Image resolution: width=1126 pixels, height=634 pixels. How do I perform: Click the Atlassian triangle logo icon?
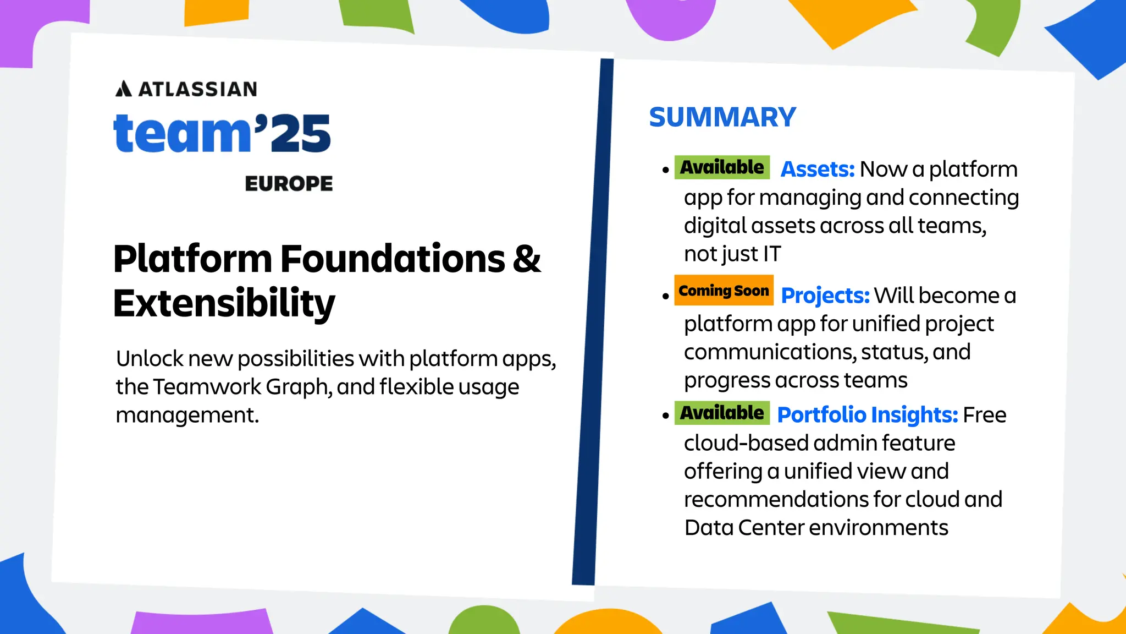[x=123, y=89]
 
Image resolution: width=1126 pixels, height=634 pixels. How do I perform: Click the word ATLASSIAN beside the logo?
[x=198, y=89]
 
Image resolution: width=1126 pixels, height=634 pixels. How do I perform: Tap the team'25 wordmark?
[x=222, y=134]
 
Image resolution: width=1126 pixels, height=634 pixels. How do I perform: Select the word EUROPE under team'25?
[x=289, y=184]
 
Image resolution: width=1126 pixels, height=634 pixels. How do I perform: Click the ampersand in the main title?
[x=527, y=259]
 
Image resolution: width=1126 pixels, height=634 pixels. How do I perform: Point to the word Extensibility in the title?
[x=224, y=303]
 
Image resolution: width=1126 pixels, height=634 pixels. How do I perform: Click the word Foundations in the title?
[x=393, y=259]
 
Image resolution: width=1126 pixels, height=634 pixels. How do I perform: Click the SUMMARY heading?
[x=722, y=117]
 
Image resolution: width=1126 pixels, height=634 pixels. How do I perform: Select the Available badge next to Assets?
[x=722, y=167]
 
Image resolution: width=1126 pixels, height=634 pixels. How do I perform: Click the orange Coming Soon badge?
[x=724, y=290]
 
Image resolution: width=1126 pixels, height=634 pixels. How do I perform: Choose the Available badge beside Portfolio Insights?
[x=722, y=413]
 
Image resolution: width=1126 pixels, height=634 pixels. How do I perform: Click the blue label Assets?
[x=818, y=170]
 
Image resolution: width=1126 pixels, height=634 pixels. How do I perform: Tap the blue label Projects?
[x=825, y=296]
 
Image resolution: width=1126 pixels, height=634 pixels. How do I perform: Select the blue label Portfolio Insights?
[x=868, y=415]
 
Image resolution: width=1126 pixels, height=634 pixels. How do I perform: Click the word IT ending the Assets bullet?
[x=772, y=254]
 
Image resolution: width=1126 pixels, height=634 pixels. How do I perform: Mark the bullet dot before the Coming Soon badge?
[x=666, y=296]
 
